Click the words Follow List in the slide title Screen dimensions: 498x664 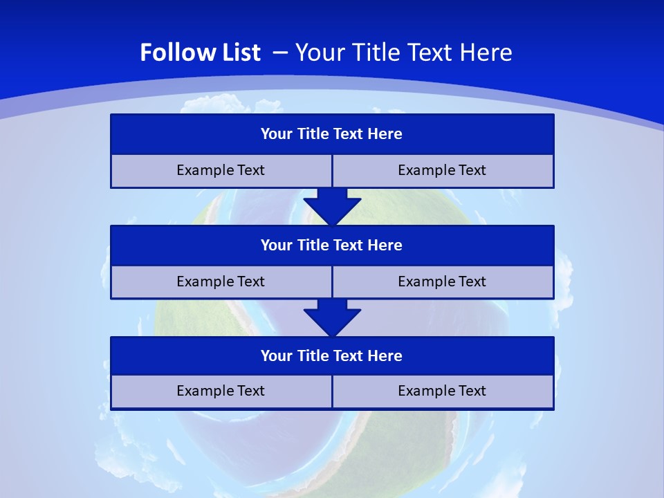point(200,53)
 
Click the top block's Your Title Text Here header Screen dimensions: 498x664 point(331,134)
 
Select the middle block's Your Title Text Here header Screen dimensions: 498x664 point(331,246)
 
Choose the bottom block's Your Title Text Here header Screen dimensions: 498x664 point(331,356)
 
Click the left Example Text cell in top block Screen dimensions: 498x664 point(221,171)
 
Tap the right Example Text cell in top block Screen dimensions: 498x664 point(442,171)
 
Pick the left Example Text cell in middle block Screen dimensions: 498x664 point(221,282)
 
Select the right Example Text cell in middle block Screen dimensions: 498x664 point(442,282)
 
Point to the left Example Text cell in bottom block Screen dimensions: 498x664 point(221,391)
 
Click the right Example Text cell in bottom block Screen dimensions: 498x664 point(442,391)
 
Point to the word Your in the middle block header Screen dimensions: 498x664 point(277,246)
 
